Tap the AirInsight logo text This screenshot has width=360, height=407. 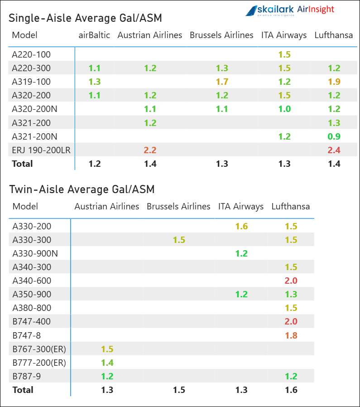316,10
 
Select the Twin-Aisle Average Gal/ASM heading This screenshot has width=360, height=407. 82,189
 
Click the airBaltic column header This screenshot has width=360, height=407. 94,35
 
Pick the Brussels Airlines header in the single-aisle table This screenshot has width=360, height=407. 221,35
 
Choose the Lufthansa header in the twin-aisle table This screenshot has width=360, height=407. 291,207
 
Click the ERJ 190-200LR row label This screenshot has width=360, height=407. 41,150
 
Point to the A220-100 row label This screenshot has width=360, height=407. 31,55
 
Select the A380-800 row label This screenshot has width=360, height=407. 32,308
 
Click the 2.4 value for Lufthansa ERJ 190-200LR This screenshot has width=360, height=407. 334,150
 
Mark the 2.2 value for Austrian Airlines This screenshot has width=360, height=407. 150,150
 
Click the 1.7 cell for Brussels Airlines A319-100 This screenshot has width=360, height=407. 222,82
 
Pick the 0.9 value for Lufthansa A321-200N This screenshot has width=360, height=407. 334,136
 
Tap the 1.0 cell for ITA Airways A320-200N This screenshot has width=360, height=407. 284,109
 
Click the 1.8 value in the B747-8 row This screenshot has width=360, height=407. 291,335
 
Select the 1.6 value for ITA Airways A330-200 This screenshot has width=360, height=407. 241,226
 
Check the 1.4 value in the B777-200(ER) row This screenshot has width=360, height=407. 107,363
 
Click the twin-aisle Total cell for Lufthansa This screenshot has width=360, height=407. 291,390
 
